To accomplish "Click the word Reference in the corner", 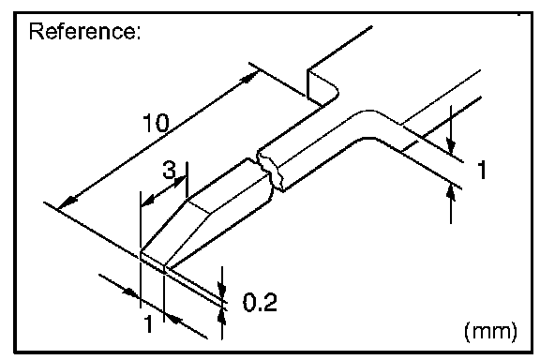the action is [84, 31].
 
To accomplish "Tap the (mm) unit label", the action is [490, 332].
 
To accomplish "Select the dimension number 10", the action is [156, 123].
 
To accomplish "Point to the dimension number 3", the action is [169, 170].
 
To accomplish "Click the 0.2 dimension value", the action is [260, 302].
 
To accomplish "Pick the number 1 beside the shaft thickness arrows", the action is [482, 169].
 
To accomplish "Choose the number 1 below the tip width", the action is [148, 323].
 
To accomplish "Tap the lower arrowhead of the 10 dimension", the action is [67, 202].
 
